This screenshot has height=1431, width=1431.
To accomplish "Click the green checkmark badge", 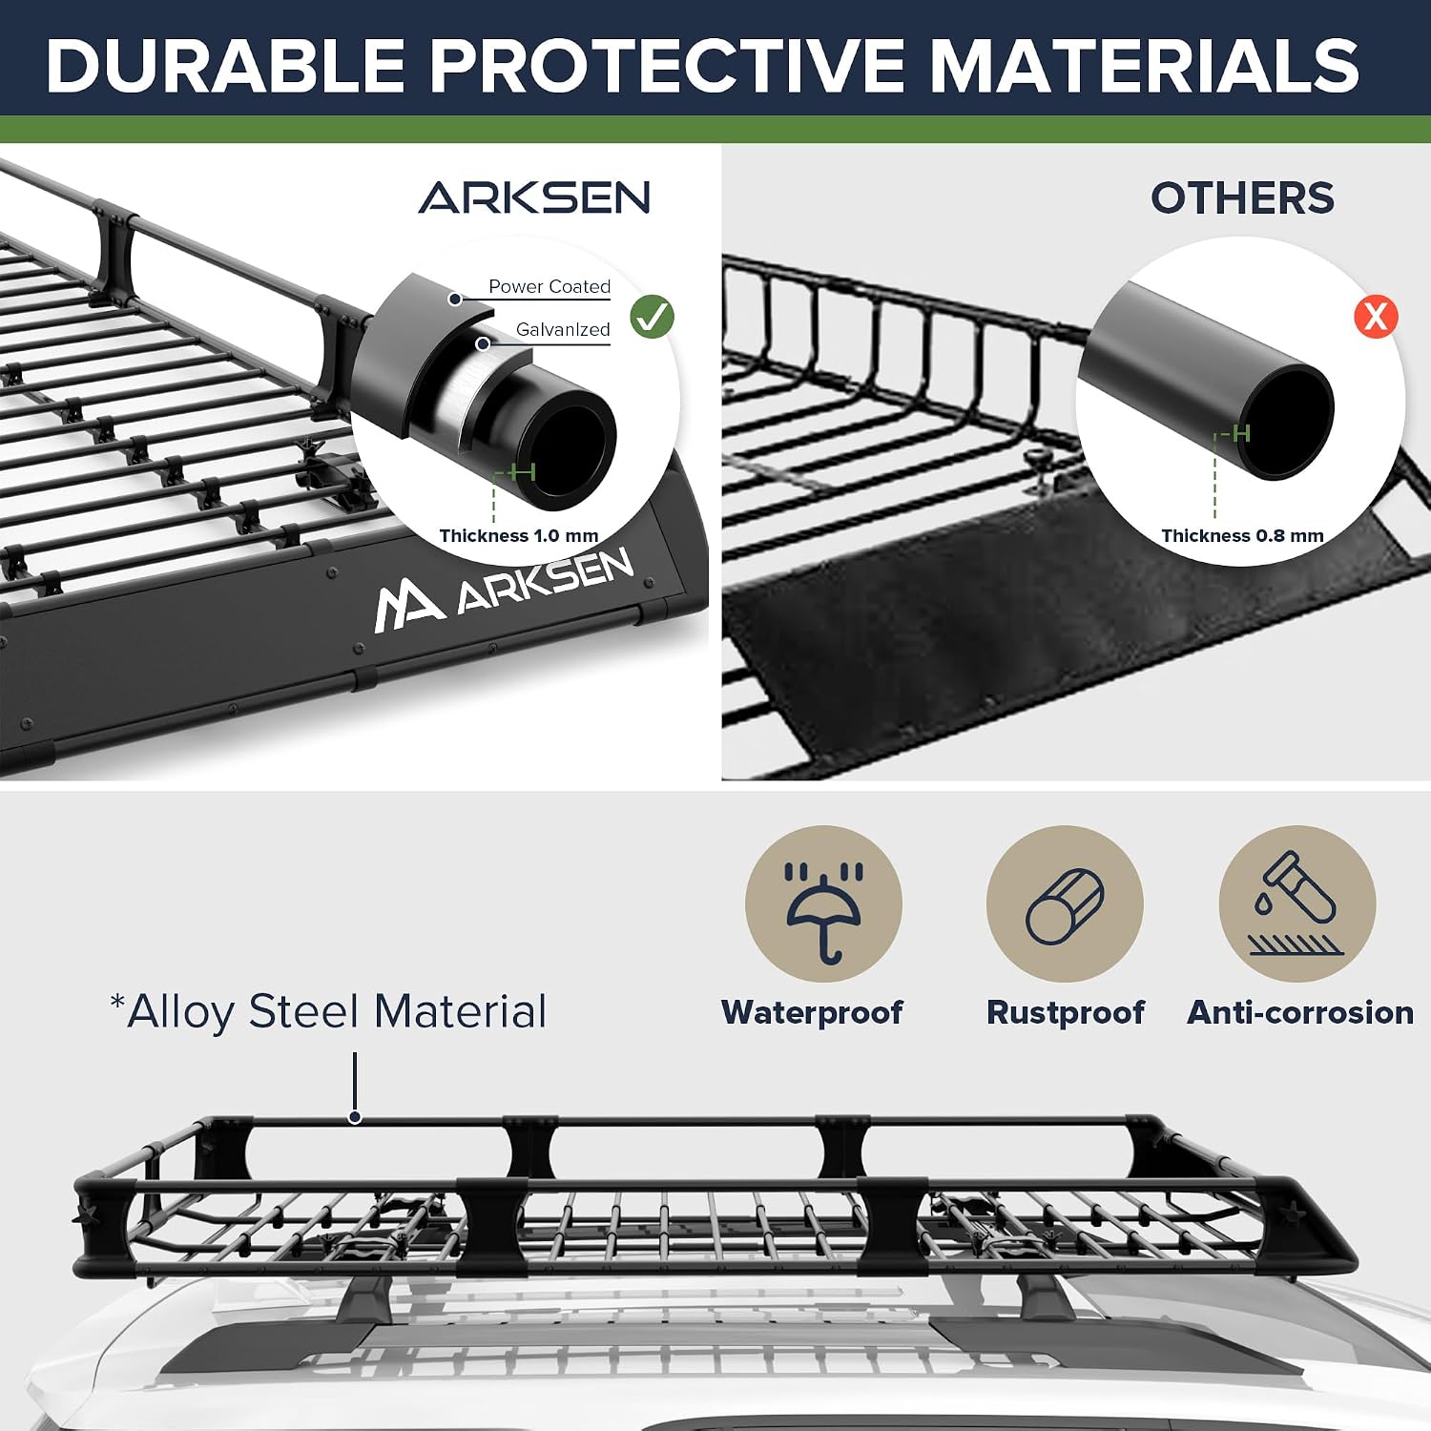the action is [653, 317].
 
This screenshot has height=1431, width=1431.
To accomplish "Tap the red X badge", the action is [1376, 316].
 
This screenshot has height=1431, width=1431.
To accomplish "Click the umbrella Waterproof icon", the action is [823, 903].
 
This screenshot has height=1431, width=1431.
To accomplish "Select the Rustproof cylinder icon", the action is [1065, 903].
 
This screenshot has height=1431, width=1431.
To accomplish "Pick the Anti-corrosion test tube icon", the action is [1297, 903].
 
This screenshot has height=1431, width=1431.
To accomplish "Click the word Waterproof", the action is [812, 1012].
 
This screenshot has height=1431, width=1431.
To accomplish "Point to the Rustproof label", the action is [1066, 1012].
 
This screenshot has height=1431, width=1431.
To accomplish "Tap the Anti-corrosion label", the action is [1300, 1012].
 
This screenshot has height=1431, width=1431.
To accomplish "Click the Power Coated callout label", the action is [550, 286].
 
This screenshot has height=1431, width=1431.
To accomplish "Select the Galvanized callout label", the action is [563, 329].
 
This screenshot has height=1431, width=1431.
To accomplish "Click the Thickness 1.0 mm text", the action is [519, 536].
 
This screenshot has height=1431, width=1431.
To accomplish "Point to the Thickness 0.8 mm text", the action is [1242, 536].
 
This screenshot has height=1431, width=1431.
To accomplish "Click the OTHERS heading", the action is [1242, 198].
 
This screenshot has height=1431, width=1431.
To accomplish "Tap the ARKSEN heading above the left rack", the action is [534, 197].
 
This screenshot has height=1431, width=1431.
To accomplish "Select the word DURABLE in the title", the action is [225, 65].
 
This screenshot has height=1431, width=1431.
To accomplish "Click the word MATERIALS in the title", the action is [1144, 65].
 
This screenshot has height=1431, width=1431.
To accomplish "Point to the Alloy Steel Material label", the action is [329, 1011].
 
